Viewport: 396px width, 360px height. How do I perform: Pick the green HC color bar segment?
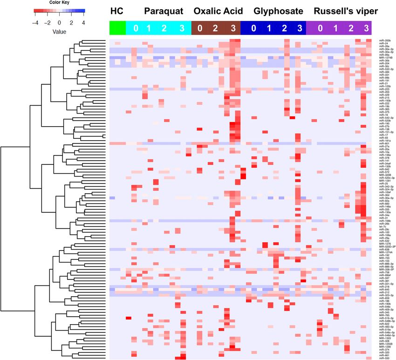117,28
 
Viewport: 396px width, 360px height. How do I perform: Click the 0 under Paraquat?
136,28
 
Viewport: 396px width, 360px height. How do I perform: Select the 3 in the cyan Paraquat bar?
181,28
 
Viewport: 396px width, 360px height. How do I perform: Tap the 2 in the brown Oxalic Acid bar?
215,28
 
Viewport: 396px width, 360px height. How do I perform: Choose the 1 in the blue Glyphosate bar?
268,28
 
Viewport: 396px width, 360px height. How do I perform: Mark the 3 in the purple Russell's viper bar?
366,28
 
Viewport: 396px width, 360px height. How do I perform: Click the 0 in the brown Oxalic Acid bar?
200,28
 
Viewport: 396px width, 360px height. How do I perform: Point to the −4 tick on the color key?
35,22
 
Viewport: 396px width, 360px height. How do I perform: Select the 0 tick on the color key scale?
59,22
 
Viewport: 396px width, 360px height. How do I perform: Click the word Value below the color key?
59,32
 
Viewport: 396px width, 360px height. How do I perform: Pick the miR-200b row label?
384,41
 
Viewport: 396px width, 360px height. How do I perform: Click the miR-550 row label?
384,358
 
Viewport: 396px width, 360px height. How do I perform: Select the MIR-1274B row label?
385,58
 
